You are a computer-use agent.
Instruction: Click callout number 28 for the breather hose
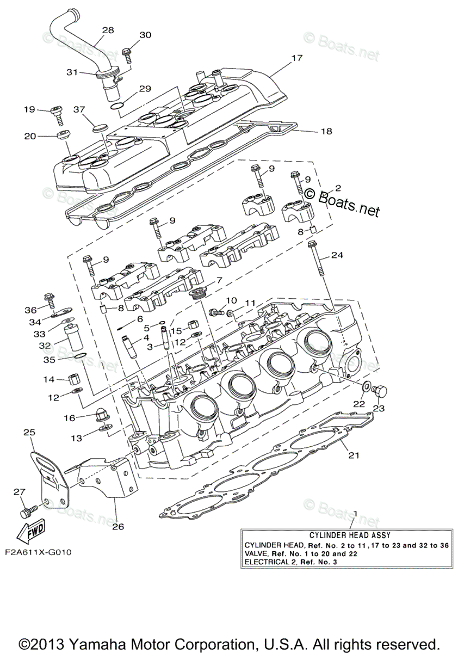pyautogui.click(x=108, y=30)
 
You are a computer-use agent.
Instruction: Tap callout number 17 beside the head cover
pyautogui.click(x=296, y=57)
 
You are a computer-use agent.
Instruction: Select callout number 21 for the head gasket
pyautogui.click(x=354, y=455)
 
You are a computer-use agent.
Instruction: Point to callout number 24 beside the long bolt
pyautogui.click(x=338, y=255)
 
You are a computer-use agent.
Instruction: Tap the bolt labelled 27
pyautogui.click(x=28, y=512)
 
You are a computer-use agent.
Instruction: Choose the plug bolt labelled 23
pyautogui.click(x=381, y=390)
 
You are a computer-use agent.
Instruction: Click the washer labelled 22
pyautogui.click(x=367, y=387)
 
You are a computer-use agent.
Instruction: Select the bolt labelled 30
pyautogui.click(x=127, y=53)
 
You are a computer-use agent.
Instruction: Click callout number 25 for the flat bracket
pyautogui.click(x=29, y=432)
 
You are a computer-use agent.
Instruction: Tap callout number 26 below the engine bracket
pyautogui.click(x=118, y=526)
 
